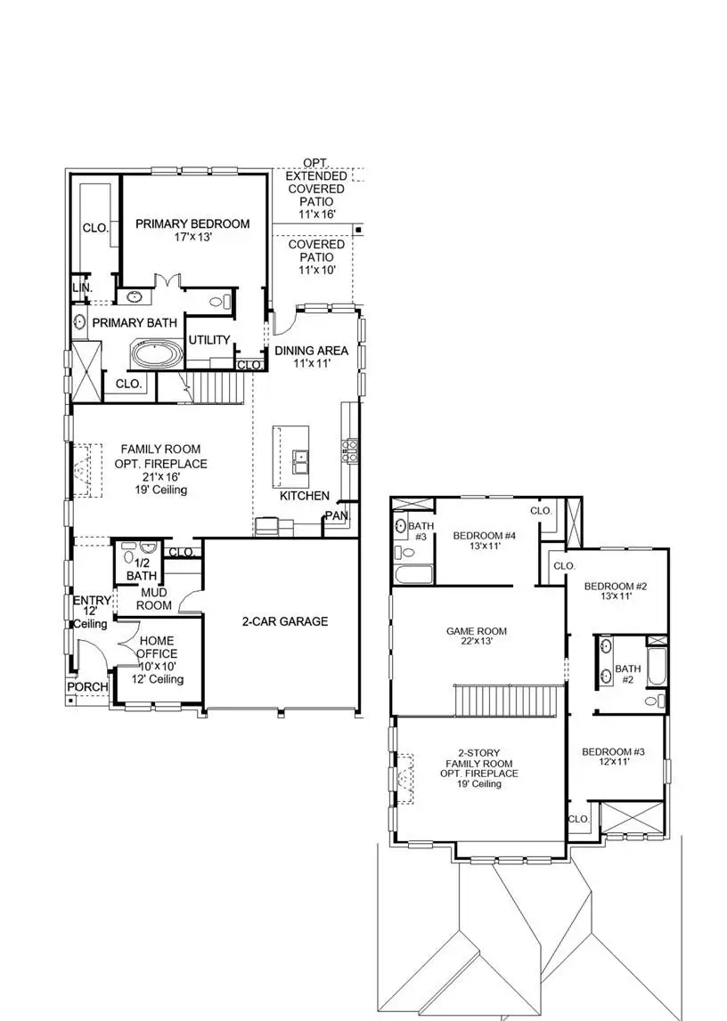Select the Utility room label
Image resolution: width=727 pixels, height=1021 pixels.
(209, 340)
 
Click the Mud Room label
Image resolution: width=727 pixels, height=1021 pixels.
(153, 598)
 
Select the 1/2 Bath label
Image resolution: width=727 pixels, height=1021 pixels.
(140, 569)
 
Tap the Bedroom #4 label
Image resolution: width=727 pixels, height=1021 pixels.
(483, 540)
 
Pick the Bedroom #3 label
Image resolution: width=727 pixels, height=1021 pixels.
(612, 758)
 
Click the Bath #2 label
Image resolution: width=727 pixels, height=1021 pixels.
(628, 674)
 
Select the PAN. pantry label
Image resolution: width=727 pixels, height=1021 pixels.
(337, 515)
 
